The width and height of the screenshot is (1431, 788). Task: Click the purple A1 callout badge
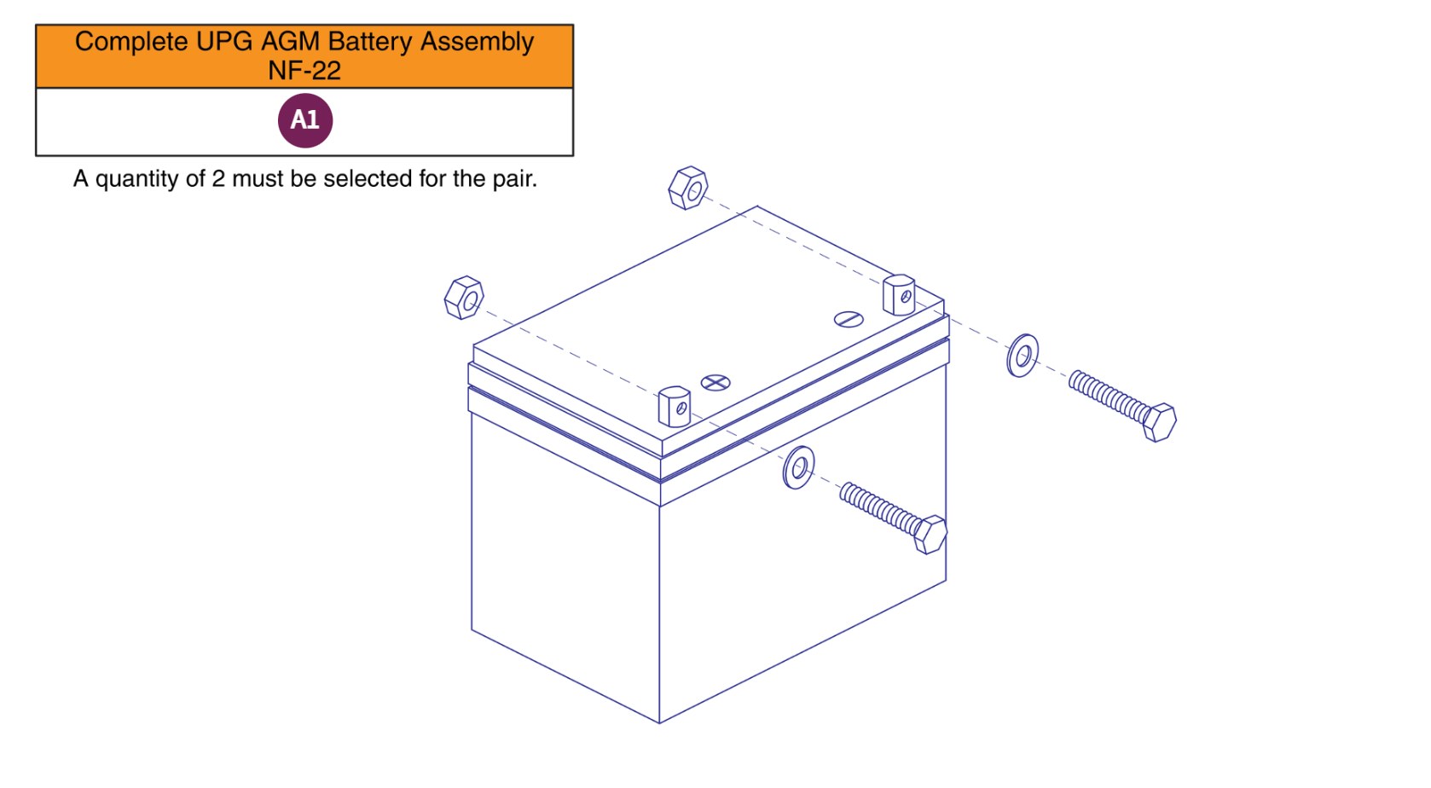point(304,120)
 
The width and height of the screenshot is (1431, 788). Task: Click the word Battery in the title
point(371,42)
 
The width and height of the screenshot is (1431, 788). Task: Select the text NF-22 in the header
point(304,71)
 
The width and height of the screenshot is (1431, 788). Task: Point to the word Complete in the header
point(131,42)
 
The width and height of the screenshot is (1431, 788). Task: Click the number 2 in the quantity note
point(218,179)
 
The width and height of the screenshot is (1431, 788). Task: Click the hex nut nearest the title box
point(464,298)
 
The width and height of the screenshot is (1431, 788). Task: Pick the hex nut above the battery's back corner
point(688,188)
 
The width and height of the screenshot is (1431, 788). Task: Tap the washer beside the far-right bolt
point(1022,356)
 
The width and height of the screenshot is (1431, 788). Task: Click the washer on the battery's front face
point(798,467)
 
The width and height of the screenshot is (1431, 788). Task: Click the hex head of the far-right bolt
point(1159,422)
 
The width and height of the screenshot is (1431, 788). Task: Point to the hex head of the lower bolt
point(930,534)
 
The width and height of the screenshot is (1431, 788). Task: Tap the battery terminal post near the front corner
point(674,406)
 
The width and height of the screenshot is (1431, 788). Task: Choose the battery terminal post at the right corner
point(899,294)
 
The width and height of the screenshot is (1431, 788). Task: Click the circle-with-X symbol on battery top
point(715,383)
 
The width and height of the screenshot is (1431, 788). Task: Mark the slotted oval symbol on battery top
point(849,319)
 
